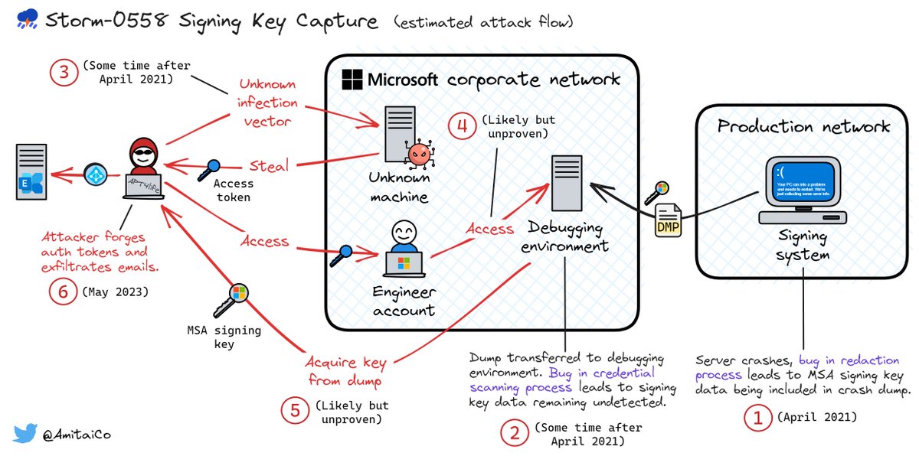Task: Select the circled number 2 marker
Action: [x=514, y=432]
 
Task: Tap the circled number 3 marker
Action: [x=65, y=73]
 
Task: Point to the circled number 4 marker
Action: [x=461, y=127]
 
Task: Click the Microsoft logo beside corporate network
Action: [x=352, y=79]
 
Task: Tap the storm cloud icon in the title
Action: [x=25, y=22]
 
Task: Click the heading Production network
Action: [x=803, y=126]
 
